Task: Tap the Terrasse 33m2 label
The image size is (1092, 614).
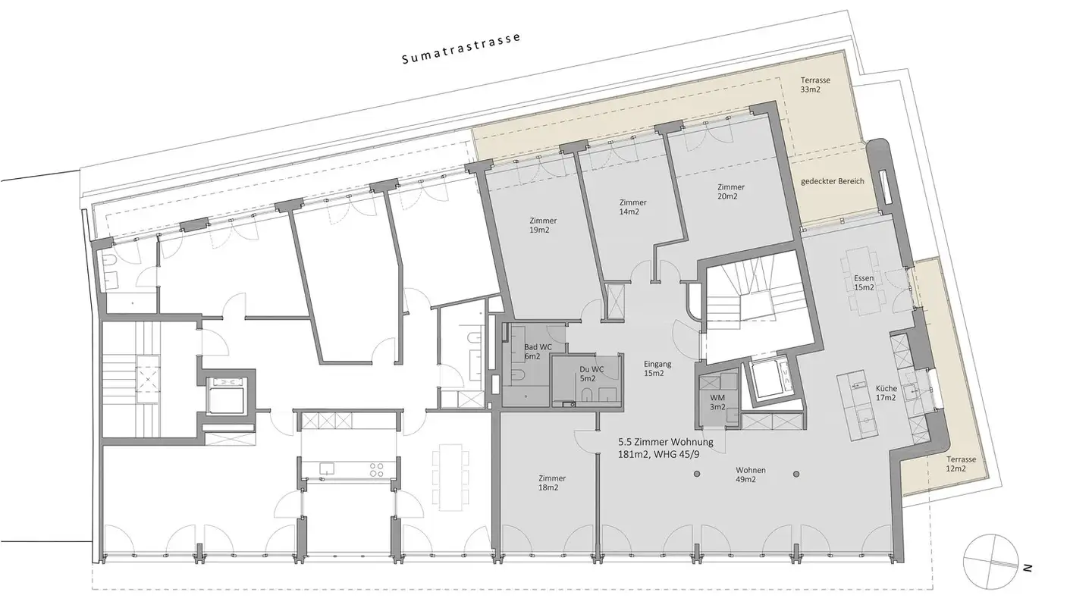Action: tap(815, 84)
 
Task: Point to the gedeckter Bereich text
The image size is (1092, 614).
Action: tap(833, 181)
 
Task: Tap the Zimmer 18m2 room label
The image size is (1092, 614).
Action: tap(552, 483)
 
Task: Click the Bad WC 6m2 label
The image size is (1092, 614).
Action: tap(537, 351)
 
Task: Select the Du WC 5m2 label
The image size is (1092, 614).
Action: tap(587, 373)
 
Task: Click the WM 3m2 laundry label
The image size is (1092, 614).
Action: tap(717, 402)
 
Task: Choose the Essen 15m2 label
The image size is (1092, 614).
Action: tap(864, 282)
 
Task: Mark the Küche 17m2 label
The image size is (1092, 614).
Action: tap(885, 392)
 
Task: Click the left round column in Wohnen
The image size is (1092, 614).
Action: tap(695, 475)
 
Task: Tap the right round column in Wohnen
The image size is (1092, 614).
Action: tap(795, 475)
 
